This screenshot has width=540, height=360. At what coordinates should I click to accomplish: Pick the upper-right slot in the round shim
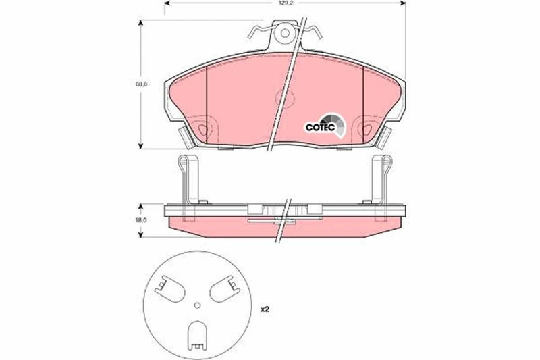(224, 290)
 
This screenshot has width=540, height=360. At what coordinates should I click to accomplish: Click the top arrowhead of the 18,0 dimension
(140, 205)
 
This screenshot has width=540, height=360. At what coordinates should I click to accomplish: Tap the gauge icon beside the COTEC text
(340, 124)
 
